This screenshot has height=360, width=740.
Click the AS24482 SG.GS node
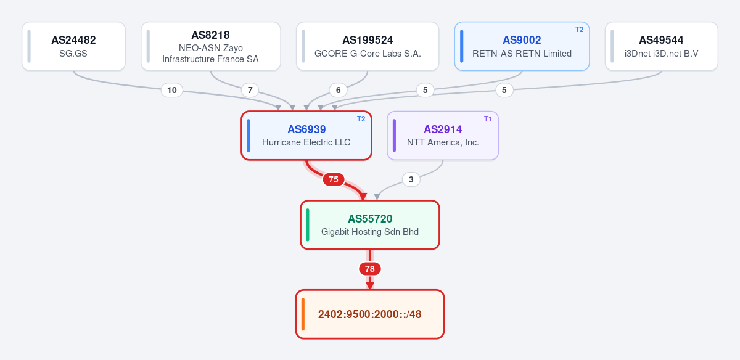(73, 46)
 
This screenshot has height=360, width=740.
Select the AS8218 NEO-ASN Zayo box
(211, 46)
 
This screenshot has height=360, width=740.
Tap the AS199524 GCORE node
(368, 46)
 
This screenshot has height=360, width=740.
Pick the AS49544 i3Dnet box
(661, 46)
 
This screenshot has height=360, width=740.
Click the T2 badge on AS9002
(580, 30)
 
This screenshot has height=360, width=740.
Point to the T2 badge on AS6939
(361, 119)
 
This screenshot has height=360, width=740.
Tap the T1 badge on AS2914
(488, 119)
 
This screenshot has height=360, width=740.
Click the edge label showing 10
(172, 90)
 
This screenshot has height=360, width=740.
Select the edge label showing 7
(250, 90)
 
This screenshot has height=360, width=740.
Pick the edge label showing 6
(339, 90)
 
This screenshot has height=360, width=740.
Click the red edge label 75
(334, 179)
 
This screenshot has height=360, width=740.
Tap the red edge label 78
(370, 269)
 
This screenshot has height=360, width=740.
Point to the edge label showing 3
(411, 179)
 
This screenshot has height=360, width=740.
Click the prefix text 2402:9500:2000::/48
(369, 314)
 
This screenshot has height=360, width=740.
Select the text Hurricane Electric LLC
(306, 142)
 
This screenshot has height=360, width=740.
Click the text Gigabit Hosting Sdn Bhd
(370, 232)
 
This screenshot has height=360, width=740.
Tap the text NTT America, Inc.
(443, 142)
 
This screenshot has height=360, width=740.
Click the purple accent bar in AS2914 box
(394, 136)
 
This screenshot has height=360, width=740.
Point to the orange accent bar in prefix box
(303, 314)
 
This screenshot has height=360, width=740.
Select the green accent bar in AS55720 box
(308, 225)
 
